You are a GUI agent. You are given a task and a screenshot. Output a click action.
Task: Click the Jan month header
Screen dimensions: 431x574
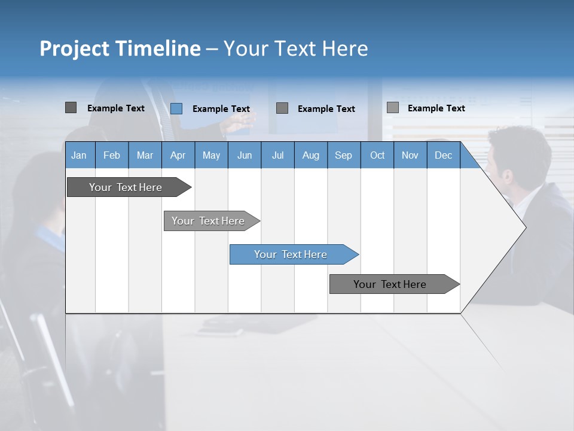coord(80,155)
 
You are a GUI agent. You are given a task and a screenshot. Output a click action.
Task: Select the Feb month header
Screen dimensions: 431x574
coord(112,155)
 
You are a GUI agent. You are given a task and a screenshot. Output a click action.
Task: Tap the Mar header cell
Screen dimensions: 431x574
coord(145,155)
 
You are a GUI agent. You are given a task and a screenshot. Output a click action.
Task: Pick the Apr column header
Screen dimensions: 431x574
coord(178,155)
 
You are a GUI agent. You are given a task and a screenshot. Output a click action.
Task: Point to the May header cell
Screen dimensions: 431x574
coord(211,155)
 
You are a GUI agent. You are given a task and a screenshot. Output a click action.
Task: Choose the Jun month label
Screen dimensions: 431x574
coord(245,155)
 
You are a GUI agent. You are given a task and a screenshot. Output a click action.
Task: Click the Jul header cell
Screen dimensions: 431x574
coord(277,155)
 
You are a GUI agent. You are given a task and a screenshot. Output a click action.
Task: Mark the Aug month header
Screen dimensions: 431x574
coord(311,155)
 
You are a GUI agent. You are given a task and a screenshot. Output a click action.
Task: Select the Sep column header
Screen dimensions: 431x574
coord(344,155)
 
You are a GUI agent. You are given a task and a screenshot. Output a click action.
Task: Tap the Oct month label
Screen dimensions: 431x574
coord(377,155)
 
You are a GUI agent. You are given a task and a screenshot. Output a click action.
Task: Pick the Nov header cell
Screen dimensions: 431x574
coord(410,155)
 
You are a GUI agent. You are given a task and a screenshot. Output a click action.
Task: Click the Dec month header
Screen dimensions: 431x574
coord(444,155)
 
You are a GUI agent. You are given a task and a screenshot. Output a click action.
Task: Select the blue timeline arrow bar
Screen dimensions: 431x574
coord(291,254)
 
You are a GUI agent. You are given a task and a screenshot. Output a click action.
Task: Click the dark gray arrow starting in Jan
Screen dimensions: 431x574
coord(126,187)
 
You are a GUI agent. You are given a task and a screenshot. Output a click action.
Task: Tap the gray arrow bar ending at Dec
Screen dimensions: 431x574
coord(390,284)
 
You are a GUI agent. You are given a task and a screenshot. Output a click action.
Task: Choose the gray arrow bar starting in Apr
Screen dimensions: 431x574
coord(209,221)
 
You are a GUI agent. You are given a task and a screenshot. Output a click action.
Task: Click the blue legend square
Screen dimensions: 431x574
coord(176,108)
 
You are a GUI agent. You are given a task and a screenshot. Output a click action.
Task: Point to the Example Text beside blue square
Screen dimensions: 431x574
coord(221,109)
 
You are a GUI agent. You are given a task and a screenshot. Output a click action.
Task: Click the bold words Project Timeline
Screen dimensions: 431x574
coord(120,48)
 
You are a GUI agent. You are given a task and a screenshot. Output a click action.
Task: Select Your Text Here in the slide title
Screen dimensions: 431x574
coord(296,48)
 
